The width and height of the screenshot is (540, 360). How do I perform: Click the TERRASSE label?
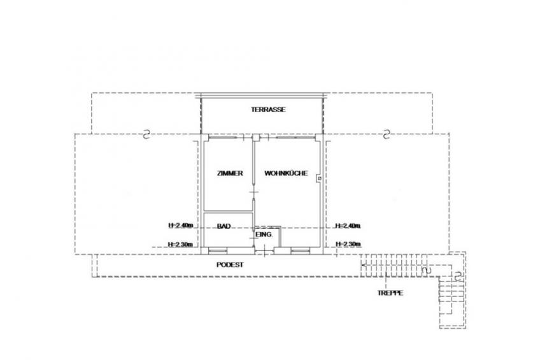[268, 110]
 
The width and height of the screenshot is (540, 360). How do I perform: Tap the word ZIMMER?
[230, 173]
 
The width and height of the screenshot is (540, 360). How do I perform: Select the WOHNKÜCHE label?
[286, 173]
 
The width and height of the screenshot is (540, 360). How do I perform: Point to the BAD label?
[224, 226]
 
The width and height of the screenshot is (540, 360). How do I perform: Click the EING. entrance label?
[264, 235]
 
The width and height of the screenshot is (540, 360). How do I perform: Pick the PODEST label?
[230, 264]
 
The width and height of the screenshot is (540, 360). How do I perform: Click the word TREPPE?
[390, 293]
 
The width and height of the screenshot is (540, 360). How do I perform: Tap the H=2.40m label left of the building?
[180, 226]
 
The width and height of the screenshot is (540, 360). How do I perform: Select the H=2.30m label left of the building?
[180, 244]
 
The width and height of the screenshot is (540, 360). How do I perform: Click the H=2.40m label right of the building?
[348, 226]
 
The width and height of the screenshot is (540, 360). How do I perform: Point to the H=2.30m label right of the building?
[348, 244]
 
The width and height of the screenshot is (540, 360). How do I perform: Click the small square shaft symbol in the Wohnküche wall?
[319, 178]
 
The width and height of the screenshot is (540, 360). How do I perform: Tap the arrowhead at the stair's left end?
[363, 265]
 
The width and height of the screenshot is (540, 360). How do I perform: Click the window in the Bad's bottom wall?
[217, 250]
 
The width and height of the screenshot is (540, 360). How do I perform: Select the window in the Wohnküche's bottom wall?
[300, 250]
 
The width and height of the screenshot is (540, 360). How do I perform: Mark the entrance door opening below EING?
[264, 251]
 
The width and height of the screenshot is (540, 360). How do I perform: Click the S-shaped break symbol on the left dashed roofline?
[147, 134]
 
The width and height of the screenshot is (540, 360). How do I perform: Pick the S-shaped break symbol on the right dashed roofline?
[387, 134]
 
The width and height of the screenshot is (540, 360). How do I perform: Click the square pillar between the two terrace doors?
[255, 138]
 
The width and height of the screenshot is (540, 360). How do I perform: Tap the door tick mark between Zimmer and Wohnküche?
[254, 192]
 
